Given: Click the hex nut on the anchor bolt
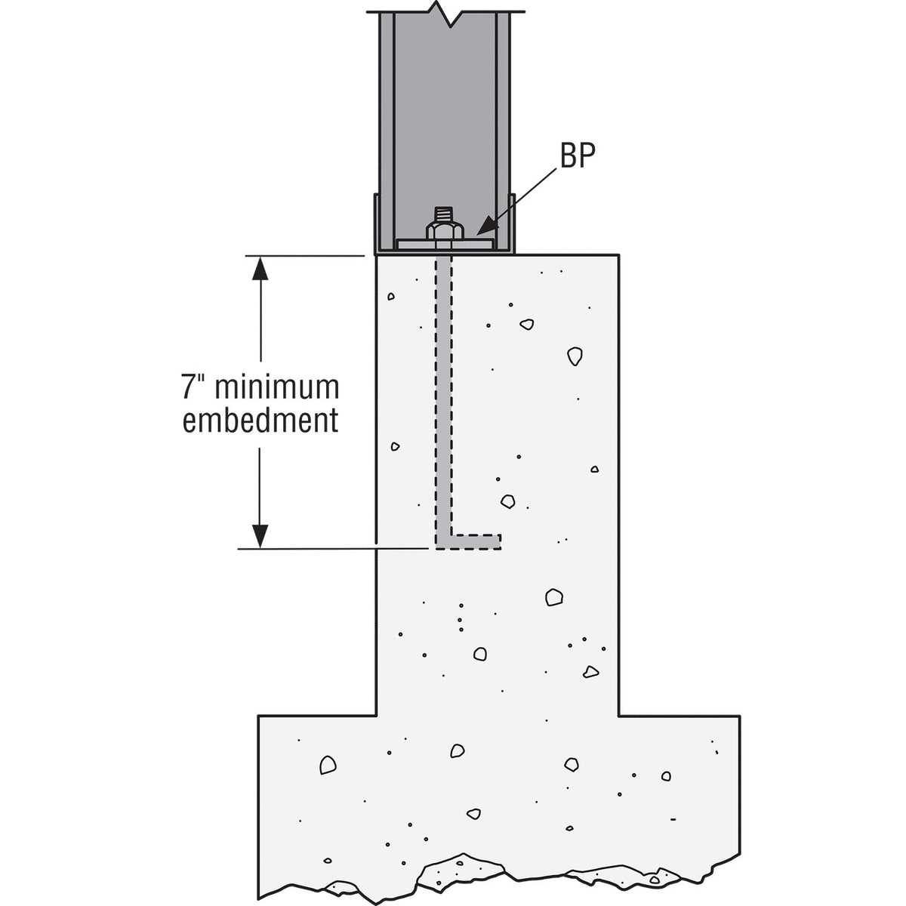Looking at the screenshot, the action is (x=445, y=231).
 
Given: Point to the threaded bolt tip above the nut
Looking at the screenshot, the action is (x=445, y=214).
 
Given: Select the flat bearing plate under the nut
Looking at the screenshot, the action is (x=445, y=245).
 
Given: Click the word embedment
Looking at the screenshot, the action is (x=260, y=420).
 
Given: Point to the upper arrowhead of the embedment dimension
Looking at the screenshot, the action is (x=260, y=269).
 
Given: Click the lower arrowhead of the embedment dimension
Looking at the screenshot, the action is (x=260, y=535).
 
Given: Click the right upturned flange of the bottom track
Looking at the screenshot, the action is (x=512, y=223).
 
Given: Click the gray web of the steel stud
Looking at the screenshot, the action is (x=444, y=118).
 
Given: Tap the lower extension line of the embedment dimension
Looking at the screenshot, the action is (x=332, y=549).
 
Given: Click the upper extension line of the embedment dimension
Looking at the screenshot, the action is (x=305, y=256).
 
